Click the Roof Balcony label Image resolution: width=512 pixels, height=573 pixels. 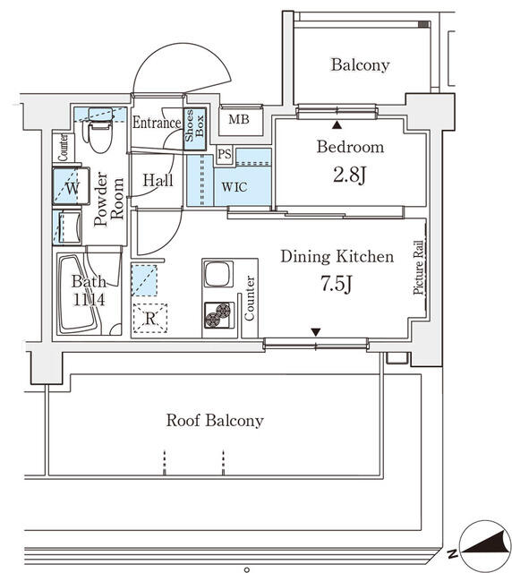pos(215,421)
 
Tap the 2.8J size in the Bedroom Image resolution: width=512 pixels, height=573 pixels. pos(350,175)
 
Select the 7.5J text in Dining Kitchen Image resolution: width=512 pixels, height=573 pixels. pos(337,284)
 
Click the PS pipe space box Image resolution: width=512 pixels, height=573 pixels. pos(225,154)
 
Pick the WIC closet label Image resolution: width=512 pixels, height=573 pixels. pos(235,187)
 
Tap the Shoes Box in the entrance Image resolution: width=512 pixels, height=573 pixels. pos(195,128)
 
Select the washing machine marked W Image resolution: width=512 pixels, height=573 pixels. pos(72,186)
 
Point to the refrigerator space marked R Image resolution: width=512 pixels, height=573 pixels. pos(150,319)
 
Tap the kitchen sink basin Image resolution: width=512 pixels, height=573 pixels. pos(218,274)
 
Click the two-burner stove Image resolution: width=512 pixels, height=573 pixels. pos(218,314)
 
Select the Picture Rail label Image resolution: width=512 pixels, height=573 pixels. pos(418,267)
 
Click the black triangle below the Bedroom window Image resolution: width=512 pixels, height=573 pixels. pos(337,125)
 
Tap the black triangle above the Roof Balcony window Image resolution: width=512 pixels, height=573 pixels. pos(316,332)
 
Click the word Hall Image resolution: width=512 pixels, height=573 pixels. pos(158,180)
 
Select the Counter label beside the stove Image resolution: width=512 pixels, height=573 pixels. pos(249,298)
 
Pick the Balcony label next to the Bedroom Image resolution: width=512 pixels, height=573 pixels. pos(360,65)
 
